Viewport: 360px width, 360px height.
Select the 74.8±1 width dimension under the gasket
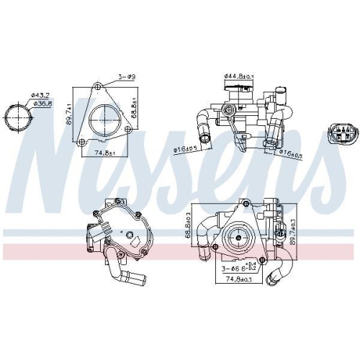(106, 152)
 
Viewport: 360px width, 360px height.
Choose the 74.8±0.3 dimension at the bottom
(239, 279)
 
